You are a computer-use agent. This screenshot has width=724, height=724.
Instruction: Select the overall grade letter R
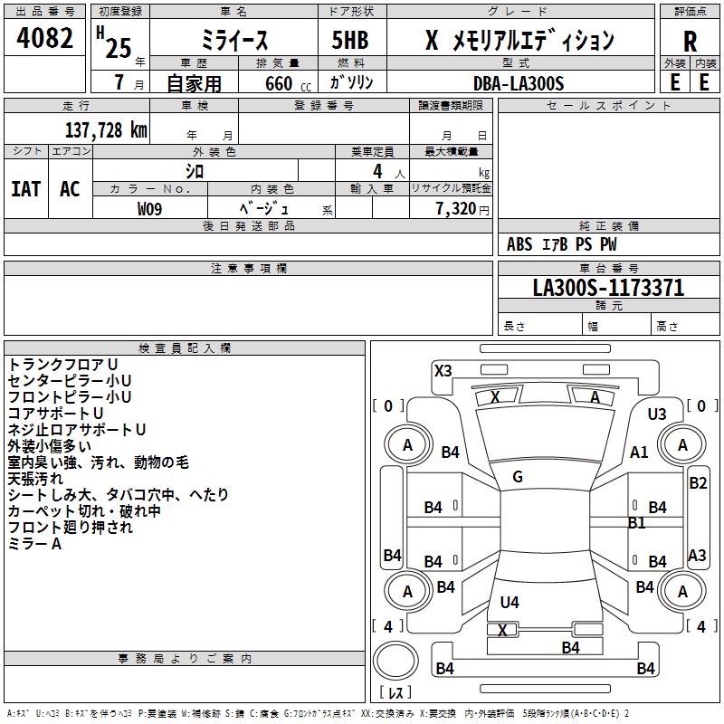(690, 41)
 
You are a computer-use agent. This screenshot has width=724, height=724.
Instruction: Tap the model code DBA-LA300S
(519, 83)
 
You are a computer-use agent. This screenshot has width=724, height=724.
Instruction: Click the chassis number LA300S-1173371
(608, 288)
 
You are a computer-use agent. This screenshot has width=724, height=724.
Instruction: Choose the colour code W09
(150, 209)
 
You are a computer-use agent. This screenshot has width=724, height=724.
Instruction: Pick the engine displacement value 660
(276, 83)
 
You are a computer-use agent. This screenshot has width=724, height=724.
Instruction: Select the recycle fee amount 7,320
(455, 209)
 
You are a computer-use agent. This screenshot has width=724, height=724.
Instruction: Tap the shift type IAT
(25, 188)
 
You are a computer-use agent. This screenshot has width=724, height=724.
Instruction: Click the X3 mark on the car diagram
(443, 370)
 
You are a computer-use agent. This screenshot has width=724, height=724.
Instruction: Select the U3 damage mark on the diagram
(657, 414)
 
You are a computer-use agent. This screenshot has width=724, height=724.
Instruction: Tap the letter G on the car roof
(518, 477)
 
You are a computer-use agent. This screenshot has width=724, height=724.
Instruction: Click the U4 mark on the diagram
(510, 602)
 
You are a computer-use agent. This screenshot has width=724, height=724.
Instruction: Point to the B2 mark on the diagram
(698, 483)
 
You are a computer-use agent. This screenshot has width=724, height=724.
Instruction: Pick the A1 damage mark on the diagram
(640, 452)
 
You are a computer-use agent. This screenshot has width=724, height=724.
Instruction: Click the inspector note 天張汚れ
(36, 478)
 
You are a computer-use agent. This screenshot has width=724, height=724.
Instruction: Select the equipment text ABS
(519, 244)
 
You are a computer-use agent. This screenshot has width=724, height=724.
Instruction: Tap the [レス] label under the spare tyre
(397, 694)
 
